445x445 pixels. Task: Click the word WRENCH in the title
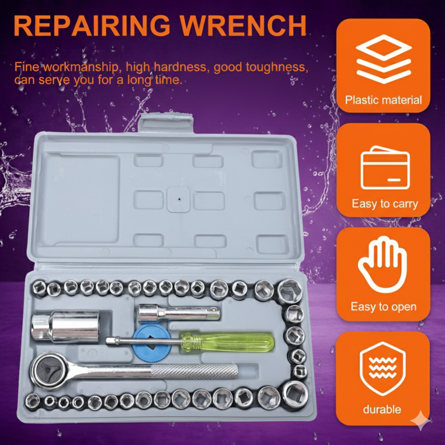point(243,26)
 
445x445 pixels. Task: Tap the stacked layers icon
point(384,59)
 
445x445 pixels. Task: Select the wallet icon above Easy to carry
point(385,168)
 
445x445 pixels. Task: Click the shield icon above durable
point(382,369)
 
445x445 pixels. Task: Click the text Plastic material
point(383,100)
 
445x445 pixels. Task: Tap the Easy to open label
point(384,307)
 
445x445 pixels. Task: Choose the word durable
point(382,409)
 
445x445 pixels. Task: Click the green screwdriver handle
point(227,342)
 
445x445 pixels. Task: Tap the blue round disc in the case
point(151,343)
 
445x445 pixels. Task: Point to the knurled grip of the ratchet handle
point(194,371)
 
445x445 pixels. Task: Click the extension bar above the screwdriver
point(179,313)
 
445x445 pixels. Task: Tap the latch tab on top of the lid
point(166,123)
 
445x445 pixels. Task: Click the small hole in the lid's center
point(179,199)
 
